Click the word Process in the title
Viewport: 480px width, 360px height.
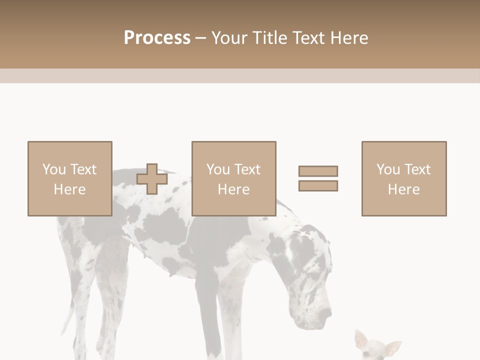coord(157,38)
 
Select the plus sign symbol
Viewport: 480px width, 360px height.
coord(152,179)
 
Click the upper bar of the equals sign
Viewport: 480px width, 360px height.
coord(318,171)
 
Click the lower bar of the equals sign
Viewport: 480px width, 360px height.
coord(318,186)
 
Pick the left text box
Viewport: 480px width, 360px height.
coord(70,178)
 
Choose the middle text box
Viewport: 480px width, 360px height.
coord(233,178)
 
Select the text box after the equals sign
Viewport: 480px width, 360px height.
coord(404,178)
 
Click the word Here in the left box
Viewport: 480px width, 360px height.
coord(69,189)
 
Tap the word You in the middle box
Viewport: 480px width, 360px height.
coord(218,169)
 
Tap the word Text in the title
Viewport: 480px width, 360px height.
coord(308,38)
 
